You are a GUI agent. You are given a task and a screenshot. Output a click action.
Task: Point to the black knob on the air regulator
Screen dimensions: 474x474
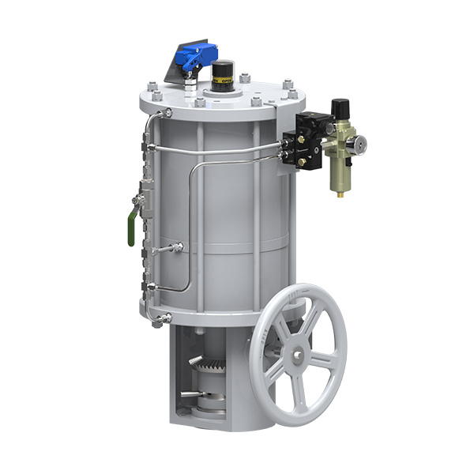click(340, 107)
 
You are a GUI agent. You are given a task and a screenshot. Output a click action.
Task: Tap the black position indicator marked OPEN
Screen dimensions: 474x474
click(224, 76)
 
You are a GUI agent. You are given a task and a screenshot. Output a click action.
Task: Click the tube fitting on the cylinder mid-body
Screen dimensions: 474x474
click(179, 249)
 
